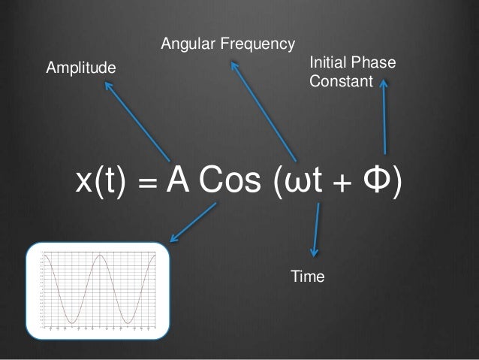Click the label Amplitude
point(82,68)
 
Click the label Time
point(307,277)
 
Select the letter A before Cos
point(177,180)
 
